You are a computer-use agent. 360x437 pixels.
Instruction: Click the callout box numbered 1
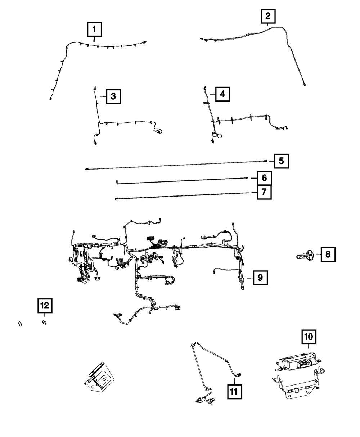[94, 29]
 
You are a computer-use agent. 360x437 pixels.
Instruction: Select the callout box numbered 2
[268, 17]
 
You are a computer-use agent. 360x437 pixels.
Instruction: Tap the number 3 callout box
[113, 96]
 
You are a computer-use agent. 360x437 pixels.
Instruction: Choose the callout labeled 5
[281, 161]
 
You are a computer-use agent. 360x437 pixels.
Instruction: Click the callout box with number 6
[264, 178]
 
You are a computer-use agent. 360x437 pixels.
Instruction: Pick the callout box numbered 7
[264, 193]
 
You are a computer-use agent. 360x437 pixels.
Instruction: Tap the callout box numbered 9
[260, 278]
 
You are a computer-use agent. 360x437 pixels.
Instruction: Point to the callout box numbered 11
[235, 391]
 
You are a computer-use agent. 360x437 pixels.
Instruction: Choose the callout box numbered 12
[45, 306]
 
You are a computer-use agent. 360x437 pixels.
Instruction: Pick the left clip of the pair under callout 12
[21, 323]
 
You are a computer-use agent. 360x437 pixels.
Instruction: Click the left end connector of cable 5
[87, 168]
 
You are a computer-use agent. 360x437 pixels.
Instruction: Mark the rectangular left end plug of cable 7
[117, 198]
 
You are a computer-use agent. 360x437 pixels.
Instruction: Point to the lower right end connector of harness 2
[305, 85]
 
